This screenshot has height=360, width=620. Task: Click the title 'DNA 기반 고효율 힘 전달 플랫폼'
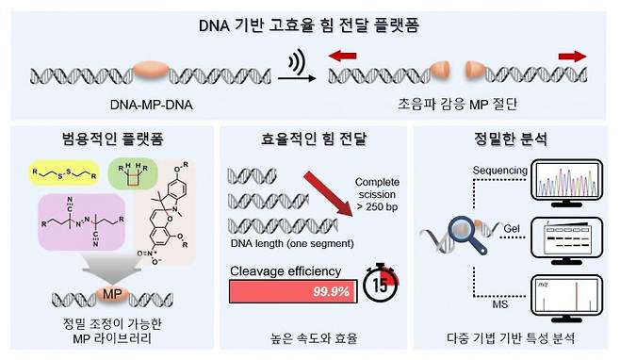pos(309,26)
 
